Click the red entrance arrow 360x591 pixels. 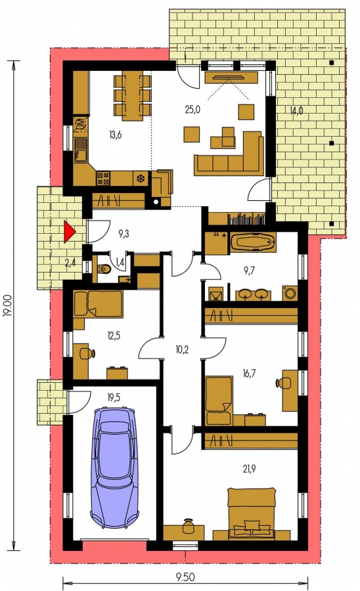[69, 232]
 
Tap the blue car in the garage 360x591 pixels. [114, 467]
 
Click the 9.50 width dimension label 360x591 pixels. [185, 577]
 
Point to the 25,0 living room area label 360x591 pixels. [192, 110]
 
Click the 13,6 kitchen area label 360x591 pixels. [116, 135]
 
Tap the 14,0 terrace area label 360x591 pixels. [296, 111]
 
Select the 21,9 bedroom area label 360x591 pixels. [250, 469]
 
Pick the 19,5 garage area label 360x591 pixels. [114, 397]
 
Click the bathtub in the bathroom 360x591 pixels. [252, 242]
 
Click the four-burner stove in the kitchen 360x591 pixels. [103, 178]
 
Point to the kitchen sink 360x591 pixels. [80, 150]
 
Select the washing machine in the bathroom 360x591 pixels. [290, 293]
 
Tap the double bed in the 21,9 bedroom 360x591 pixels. [252, 512]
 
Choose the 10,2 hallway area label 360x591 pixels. [182, 350]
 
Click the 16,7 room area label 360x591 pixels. [249, 373]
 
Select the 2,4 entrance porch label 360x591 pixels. [70, 263]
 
